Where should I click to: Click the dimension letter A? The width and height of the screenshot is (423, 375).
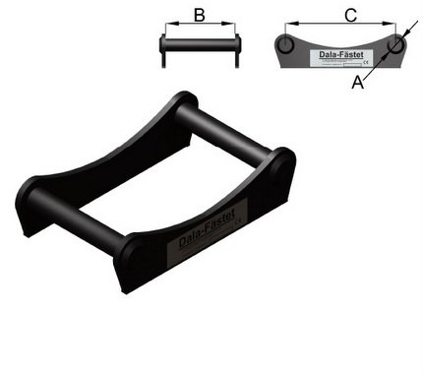click(x=357, y=86)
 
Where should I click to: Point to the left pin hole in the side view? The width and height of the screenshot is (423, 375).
click(x=285, y=46)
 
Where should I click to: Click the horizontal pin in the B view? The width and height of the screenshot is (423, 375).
click(x=200, y=44)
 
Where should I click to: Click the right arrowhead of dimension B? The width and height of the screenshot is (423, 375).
click(x=234, y=27)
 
